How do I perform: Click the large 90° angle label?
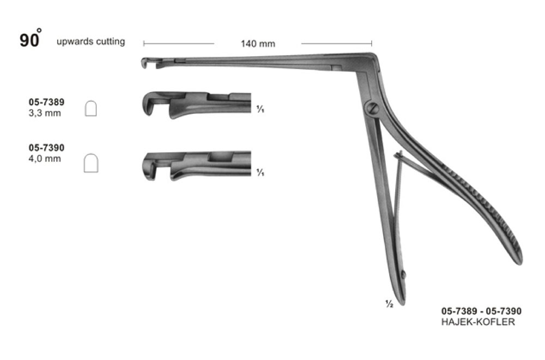click(x=31, y=39)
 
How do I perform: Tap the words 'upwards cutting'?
click(x=90, y=41)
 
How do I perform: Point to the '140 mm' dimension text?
click(x=258, y=44)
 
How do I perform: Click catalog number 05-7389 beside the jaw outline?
click(x=46, y=102)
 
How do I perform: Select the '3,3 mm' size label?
click(x=45, y=113)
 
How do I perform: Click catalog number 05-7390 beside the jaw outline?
click(x=46, y=147)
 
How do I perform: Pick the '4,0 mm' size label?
click(x=45, y=159)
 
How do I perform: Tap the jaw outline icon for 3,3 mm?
click(x=90, y=109)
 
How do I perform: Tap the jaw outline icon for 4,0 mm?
click(x=91, y=163)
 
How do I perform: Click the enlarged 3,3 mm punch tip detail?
click(x=196, y=105)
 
